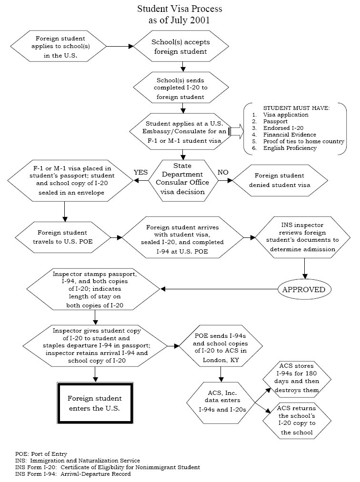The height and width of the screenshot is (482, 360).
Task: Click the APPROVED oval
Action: click(304, 289)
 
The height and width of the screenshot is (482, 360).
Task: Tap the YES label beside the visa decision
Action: click(140, 172)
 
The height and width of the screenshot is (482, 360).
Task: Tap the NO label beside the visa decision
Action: click(223, 172)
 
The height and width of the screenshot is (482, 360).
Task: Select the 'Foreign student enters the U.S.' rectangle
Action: click(95, 403)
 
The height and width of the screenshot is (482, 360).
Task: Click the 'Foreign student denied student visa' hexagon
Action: click(280, 180)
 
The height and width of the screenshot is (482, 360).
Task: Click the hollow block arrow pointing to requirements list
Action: click(236, 132)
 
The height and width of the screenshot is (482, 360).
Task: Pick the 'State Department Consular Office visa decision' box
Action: click(182, 180)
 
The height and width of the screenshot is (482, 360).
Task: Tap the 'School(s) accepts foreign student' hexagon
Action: click(180, 47)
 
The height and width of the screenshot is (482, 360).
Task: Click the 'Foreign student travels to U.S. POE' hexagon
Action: click(63, 237)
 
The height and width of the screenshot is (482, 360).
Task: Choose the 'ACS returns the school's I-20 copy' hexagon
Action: click(297, 421)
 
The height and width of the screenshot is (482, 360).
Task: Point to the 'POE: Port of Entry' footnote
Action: click(41, 454)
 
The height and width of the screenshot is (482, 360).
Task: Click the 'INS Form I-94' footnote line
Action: click(73, 474)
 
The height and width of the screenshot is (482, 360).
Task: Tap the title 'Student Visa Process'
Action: click(180, 9)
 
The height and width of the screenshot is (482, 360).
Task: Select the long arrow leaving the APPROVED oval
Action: click(219, 289)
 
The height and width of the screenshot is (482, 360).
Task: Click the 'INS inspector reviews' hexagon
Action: click(303, 237)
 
